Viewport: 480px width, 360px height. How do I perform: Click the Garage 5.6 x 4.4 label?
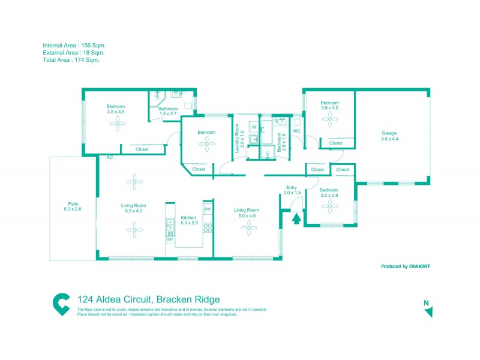click(x=389, y=136)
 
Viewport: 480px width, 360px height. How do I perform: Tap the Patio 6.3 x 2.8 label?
click(x=72, y=206)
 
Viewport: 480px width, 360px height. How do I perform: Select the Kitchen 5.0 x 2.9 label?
click(x=189, y=220)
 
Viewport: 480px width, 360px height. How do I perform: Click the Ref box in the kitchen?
click(x=208, y=209)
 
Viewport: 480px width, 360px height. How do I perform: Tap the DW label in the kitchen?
click(x=170, y=240)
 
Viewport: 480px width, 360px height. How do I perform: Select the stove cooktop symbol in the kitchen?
click(x=208, y=227)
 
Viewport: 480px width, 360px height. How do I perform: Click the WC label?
click(x=296, y=131)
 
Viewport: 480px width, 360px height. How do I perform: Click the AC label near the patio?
click(x=110, y=157)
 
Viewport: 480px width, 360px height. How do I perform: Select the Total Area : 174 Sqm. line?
click(x=71, y=60)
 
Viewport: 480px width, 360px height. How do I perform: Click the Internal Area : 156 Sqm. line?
click(x=74, y=46)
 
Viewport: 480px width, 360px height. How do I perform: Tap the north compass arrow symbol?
click(x=428, y=311)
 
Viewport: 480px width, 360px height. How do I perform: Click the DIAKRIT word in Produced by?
click(x=420, y=266)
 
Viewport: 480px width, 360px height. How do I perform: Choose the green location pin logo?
click(x=61, y=304)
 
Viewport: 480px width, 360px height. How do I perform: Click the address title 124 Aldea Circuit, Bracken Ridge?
click(x=149, y=299)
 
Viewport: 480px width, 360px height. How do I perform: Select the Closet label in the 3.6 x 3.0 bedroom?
click(x=335, y=143)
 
